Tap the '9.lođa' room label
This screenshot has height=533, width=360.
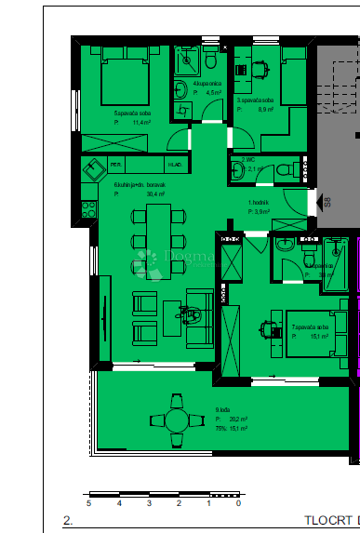click(223, 408)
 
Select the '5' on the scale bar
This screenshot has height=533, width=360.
click(88, 502)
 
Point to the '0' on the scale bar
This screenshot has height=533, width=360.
click(238, 502)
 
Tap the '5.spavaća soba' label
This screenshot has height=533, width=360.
click(105, 112)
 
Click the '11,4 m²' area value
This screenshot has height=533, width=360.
click(141, 122)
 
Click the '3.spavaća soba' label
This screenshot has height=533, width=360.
click(254, 100)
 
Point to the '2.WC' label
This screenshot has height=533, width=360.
click(248, 159)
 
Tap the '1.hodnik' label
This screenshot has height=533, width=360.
click(259, 203)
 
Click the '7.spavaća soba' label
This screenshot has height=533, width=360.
click(311, 327)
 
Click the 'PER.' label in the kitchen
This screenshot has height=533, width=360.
click(116, 165)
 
